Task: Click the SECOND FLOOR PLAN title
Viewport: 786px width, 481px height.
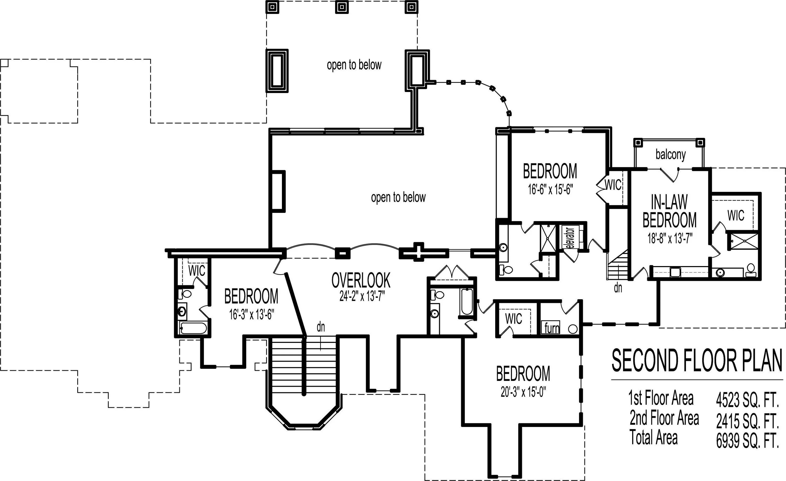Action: (697, 360)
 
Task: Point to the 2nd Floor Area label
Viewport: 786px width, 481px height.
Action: (664, 418)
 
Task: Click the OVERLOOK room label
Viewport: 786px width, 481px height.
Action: (361, 280)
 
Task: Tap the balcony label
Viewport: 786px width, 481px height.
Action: (670, 155)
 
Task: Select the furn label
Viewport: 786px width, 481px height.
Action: (552, 328)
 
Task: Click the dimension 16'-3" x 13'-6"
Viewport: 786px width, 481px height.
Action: (251, 314)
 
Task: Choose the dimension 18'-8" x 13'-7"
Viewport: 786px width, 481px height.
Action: (670, 238)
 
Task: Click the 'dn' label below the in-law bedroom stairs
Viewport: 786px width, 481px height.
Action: (618, 288)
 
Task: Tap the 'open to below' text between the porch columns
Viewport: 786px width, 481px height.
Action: (354, 65)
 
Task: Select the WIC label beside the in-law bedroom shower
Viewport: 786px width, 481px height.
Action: (736, 215)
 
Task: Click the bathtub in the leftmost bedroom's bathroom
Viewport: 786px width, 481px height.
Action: (193, 328)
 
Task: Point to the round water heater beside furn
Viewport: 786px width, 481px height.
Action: (573, 329)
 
